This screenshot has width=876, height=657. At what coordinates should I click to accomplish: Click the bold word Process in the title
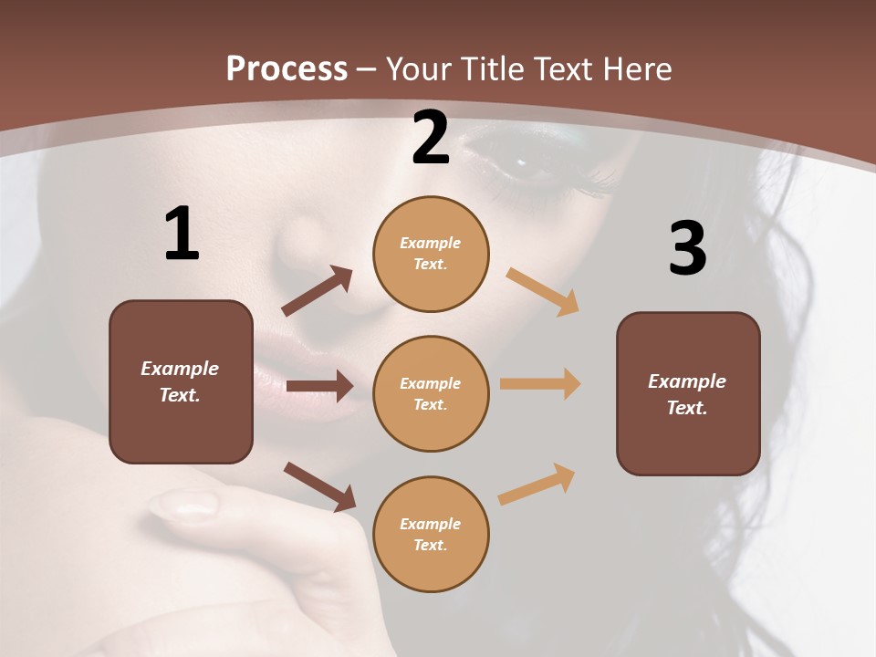pos(287,68)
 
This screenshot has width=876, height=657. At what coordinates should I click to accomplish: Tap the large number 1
pos(182,235)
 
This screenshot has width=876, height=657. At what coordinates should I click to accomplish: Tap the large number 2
pos(431,139)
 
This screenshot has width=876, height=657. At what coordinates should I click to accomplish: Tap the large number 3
pos(687,249)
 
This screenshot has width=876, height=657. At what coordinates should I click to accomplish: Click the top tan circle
pos(431,254)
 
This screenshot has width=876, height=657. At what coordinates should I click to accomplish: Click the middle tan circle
pos(431,393)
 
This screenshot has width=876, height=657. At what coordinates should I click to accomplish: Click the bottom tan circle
pos(431,534)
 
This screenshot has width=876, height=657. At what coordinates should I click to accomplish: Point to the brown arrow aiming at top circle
pos(317,291)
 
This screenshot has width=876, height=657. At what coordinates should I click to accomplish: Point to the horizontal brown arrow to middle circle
pos(318,386)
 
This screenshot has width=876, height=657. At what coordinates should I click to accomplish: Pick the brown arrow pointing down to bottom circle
pos(319,486)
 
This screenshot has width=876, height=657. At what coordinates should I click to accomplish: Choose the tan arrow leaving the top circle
pos(543,292)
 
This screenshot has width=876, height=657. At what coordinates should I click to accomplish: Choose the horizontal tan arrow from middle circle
pos(539,384)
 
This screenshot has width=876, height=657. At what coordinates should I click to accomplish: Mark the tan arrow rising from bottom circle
pos(537,484)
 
